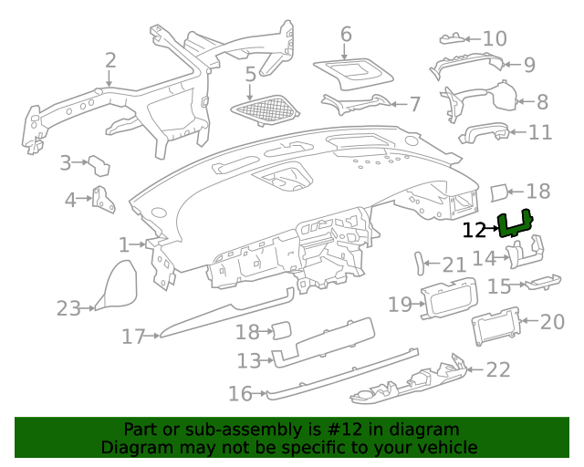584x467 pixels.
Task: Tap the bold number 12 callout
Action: (474, 231)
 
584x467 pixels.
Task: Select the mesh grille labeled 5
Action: (266, 109)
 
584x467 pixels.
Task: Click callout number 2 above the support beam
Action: (110, 60)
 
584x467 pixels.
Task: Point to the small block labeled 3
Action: (99, 166)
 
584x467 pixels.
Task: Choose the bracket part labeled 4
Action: (103, 199)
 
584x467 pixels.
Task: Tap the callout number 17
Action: (133, 337)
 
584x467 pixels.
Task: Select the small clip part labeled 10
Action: (453, 38)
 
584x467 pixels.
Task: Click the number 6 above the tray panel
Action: (346, 35)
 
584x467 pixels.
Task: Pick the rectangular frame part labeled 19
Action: (449, 298)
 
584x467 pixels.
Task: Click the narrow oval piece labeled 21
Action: (420, 264)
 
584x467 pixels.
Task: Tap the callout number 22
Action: (498, 369)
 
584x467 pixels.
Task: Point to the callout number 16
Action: (240, 394)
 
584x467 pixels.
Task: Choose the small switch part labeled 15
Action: (543, 282)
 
